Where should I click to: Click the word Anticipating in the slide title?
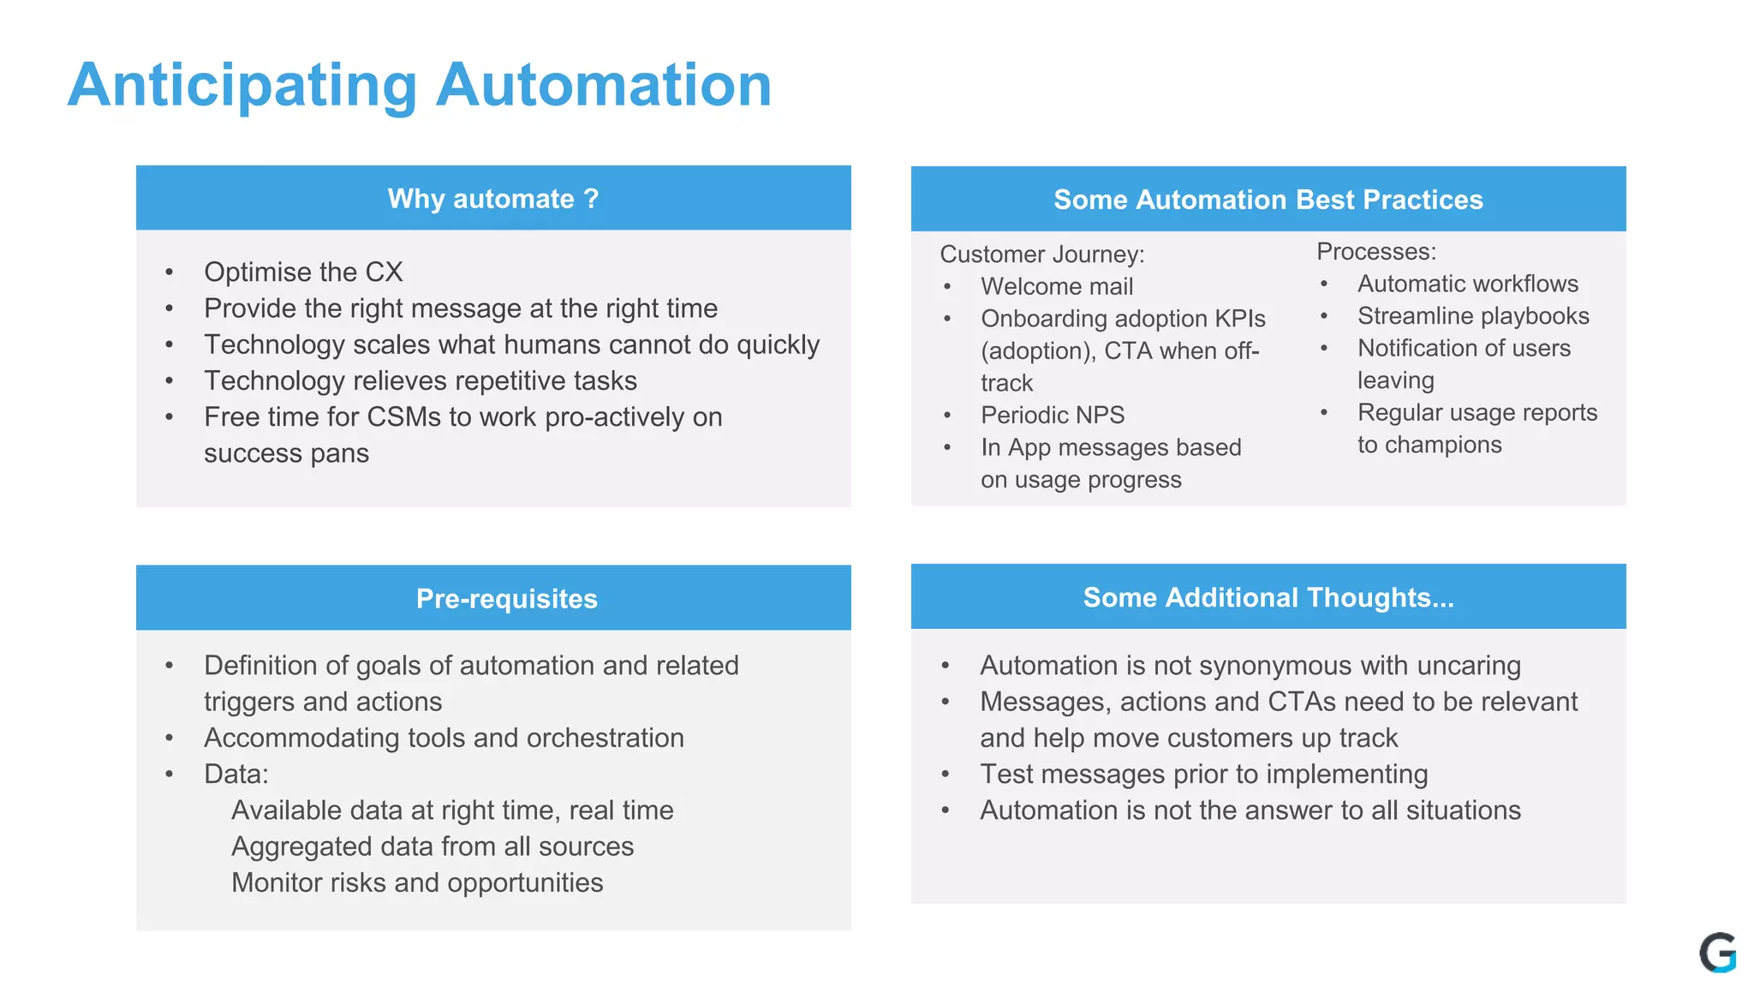coord(242,86)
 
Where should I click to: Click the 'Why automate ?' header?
coord(493,199)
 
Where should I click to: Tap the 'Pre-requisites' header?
coord(506,598)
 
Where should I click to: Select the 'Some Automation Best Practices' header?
coord(1268,200)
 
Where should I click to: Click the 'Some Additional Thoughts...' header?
coord(1268,597)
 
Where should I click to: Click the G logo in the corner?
coord(1716,953)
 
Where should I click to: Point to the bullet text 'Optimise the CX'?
coord(303,272)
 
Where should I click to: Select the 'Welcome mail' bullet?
coord(1057,287)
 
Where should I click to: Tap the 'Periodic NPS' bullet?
coord(1053,416)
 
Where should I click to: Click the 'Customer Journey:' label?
coord(1041,254)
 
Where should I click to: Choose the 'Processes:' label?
coord(1375,252)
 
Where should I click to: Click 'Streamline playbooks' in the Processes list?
coord(1473,316)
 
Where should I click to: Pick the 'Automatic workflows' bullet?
coord(1467,284)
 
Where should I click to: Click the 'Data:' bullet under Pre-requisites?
coord(236,775)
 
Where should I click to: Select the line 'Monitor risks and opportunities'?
coord(417,883)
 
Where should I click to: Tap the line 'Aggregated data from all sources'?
coord(433,846)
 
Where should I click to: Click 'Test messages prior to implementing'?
coord(1203,775)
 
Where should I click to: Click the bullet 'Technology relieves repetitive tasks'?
coord(421,381)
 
